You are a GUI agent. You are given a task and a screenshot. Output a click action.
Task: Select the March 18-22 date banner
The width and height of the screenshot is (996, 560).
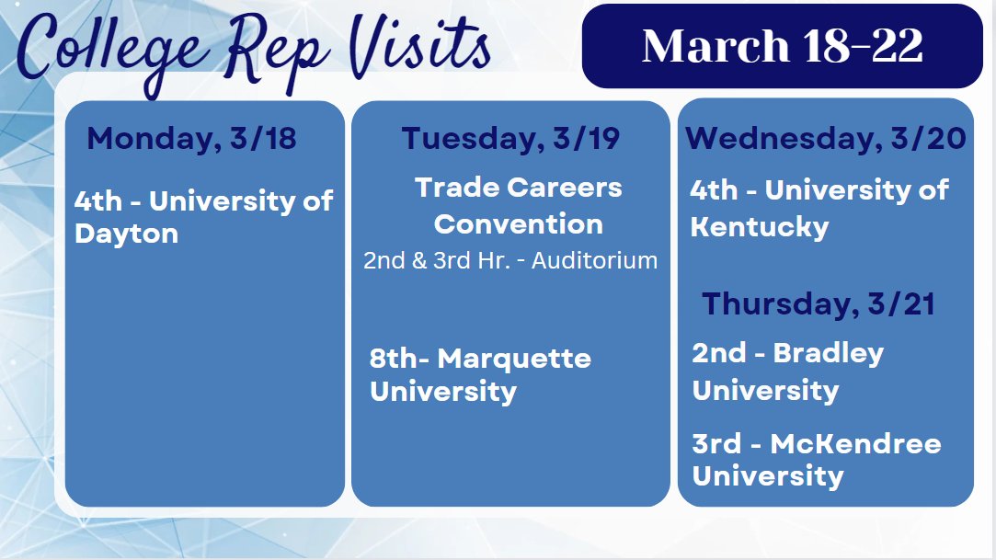coord(783,46)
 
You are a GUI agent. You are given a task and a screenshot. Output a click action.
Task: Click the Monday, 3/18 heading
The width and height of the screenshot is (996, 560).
coord(191,139)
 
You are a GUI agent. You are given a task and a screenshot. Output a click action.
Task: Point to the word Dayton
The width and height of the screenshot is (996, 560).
coord(126,234)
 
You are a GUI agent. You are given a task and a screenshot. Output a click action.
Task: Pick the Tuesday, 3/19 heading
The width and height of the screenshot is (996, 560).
coord(510,139)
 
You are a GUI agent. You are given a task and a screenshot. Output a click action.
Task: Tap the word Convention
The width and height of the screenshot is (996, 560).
coord(519,223)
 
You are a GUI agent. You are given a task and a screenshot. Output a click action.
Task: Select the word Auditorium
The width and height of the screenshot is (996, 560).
coord(594,260)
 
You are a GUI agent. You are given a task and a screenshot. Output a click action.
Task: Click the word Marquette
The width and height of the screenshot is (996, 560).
coord(514,358)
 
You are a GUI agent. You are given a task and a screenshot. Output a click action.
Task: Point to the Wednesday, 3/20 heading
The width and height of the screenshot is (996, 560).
coord(825,139)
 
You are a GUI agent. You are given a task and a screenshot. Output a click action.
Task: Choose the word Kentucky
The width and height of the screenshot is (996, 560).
coord(760,226)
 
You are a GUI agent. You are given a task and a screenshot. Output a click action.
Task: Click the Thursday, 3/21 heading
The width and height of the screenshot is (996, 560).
coord(819,304)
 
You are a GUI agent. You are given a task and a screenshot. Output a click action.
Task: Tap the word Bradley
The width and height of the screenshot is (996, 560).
coord(828,353)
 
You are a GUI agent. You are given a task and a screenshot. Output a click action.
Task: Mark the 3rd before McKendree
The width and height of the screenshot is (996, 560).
coord(716,444)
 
